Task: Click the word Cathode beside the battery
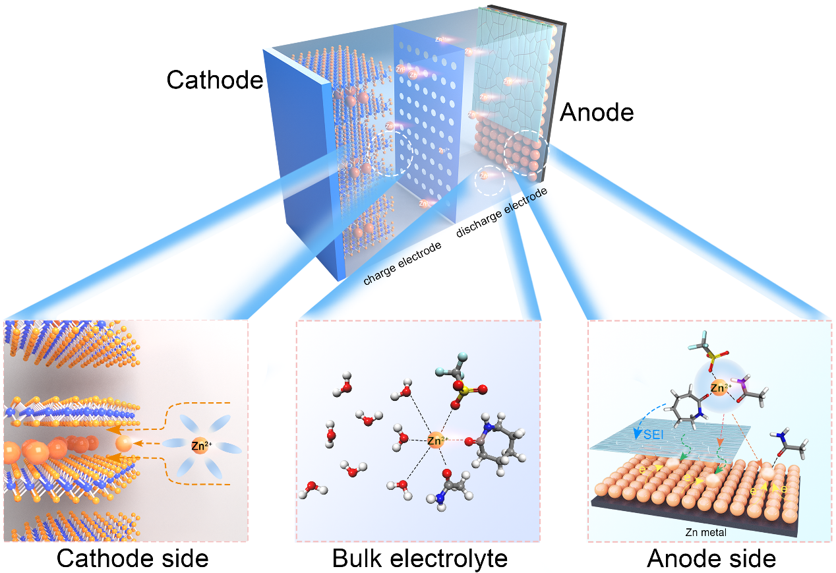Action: tap(214, 80)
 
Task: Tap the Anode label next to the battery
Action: tap(596, 113)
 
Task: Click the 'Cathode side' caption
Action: tap(133, 558)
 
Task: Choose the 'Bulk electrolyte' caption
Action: tap(420, 558)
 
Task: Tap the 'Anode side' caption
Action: tap(711, 558)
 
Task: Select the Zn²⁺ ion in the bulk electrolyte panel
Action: tap(436, 440)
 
